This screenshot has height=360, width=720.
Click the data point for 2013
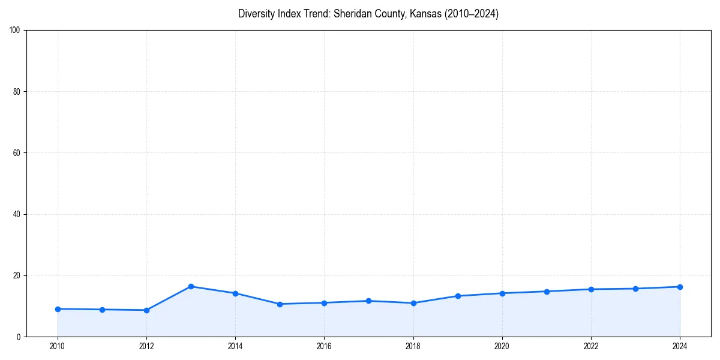click(x=191, y=286)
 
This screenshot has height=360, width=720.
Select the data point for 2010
click(x=58, y=309)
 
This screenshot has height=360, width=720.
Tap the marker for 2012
click(x=146, y=310)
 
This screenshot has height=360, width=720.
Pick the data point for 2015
click(x=280, y=304)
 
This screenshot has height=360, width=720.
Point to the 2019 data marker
click(x=458, y=296)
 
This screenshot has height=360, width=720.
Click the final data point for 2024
click(x=680, y=287)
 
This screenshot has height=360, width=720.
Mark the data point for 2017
click(x=368, y=301)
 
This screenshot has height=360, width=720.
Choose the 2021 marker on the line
click(x=547, y=292)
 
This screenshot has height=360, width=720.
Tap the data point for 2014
click(x=235, y=293)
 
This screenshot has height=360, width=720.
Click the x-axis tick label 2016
click(x=324, y=346)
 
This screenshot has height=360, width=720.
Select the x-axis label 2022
click(x=591, y=346)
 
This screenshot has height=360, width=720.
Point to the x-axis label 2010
click(x=58, y=346)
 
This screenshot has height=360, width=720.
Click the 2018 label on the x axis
click(x=413, y=346)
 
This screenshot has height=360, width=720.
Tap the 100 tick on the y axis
click(x=15, y=30)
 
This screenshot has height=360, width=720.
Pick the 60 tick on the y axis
click(x=17, y=153)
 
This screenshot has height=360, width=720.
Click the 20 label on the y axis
click(x=17, y=275)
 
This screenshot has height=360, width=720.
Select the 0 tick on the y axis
click(x=19, y=337)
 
